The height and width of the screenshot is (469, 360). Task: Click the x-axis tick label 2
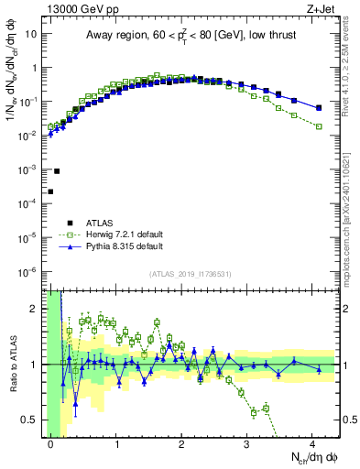pos(181,443)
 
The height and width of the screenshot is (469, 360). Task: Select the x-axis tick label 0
pos(51,443)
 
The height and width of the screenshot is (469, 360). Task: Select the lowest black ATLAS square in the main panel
pos(50,191)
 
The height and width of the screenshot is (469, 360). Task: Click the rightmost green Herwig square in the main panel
pos(319,126)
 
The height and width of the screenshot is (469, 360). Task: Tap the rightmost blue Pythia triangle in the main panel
pos(319,108)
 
